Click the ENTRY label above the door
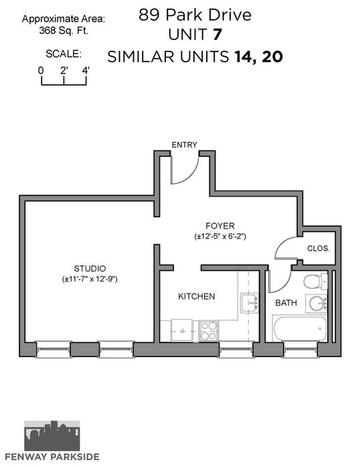pyautogui.click(x=184, y=145)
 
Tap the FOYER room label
pyautogui.click(x=220, y=226)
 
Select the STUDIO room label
pyautogui.click(x=90, y=269)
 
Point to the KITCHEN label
pyautogui.click(x=196, y=296)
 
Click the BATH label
pyautogui.click(x=286, y=303)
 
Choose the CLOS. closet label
pyautogui.click(x=319, y=249)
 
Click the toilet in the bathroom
pyautogui.click(x=315, y=281)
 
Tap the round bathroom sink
pyautogui.click(x=318, y=304)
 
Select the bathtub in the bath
pyautogui.click(x=300, y=329)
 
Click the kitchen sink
pyautogui.click(x=250, y=303)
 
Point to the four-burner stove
pyautogui.click(x=209, y=331)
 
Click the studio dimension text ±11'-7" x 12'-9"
pyautogui.click(x=90, y=279)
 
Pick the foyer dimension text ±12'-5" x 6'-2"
pyautogui.click(x=220, y=237)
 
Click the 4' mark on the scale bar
pyautogui.click(x=86, y=71)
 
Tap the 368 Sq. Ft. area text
pyautogui.click(x=64, y=30)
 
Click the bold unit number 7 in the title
pyautogui.click(x=217, y=35)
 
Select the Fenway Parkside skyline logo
pyautogui.click(x=52, y=435)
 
